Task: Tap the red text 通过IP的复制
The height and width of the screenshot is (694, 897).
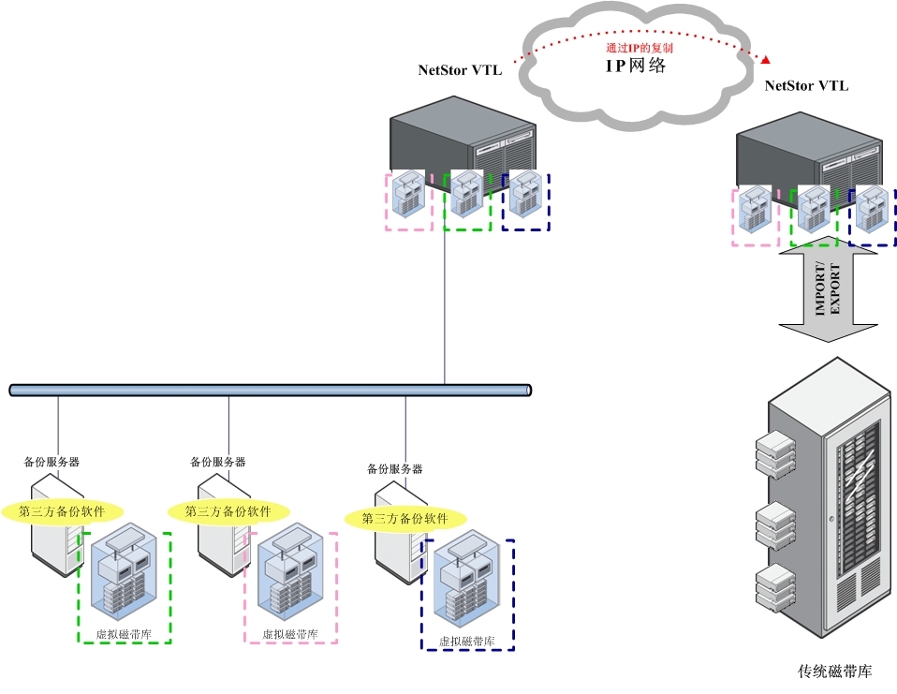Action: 640,47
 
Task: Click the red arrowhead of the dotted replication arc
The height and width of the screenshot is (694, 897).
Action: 766,60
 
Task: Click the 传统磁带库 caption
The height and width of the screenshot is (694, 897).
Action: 835,672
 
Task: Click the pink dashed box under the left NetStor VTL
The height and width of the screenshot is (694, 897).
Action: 409,201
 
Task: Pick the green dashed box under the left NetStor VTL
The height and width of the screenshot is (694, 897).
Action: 467,201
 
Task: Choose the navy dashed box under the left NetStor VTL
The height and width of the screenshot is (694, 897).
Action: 526,201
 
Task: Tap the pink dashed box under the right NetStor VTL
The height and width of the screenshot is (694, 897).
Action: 755,216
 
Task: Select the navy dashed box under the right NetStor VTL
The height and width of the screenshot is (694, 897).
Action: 873,216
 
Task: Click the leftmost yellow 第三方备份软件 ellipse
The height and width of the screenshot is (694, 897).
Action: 63,511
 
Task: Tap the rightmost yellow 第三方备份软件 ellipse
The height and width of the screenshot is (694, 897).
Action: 405,519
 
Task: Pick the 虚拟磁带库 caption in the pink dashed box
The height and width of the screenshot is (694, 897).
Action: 290,635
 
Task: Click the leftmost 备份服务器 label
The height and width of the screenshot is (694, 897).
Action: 51,462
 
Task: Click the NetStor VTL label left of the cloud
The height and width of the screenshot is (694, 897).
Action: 460,70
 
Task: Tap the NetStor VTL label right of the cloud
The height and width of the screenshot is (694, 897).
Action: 807,86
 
